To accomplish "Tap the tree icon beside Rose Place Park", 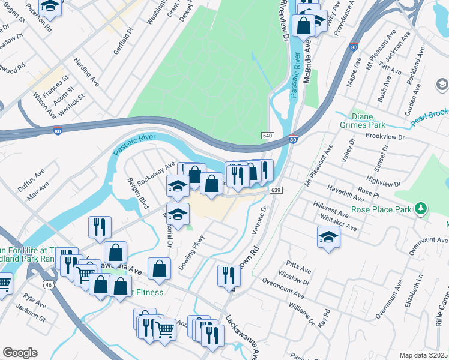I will [422, 208].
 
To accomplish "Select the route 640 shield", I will [268, 136].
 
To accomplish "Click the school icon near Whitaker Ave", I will [328, 237].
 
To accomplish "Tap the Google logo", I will [20, 353].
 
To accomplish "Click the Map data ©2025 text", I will [424, 355].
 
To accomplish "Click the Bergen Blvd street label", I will [133, 193].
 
